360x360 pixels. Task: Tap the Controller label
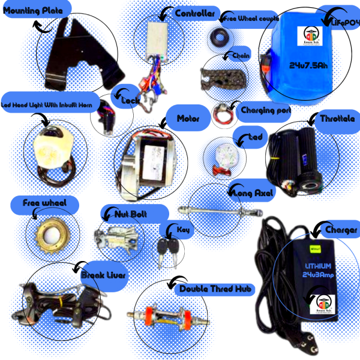[194, 13]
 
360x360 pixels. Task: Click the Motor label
[188, 118]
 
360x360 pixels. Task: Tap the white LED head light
[49, 146]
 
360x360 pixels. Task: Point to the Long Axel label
[251, 193]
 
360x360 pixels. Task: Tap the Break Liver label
[104, 275]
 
